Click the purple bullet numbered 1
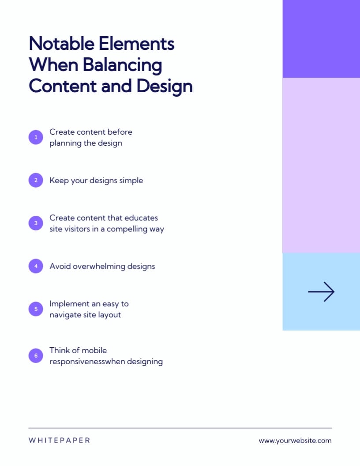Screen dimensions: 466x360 [x=36, y=137]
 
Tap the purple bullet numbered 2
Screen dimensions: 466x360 [x=36, y=180]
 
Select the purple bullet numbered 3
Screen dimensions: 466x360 [x=36, y=223]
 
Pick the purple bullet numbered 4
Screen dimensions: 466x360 [x=36, y=266]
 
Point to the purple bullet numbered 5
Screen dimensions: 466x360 [x=36, y=309]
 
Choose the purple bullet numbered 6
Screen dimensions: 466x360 [x=36, y=356]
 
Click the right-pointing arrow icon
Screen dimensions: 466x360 [x=321, y=292]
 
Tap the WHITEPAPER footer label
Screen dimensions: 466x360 [x=59, y=440]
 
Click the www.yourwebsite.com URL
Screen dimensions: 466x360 [x=295, y=440]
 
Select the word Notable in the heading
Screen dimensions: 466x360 [x=61, y=44]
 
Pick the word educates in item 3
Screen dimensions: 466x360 [x=141, y=218]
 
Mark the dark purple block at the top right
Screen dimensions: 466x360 [x=321, y=39]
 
